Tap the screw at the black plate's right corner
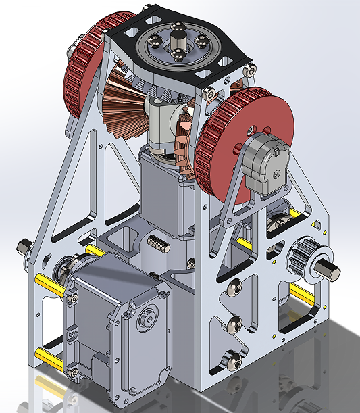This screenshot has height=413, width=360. pos(251,69)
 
